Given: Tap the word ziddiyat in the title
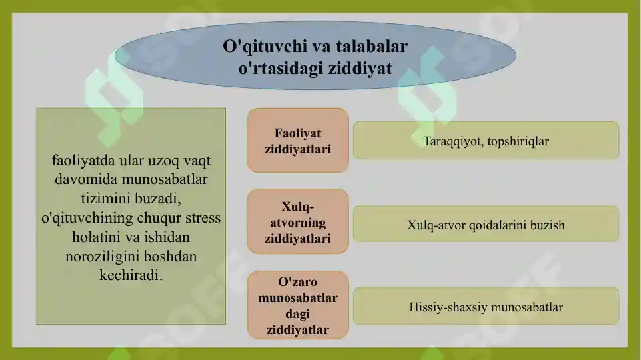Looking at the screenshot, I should point(360,68).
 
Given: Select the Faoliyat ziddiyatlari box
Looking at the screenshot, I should point(297,141).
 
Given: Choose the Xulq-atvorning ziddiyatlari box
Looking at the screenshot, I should point(297,222).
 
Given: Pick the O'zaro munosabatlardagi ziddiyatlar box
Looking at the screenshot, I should point(297,305).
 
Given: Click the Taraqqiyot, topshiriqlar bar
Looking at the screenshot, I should point(486,141).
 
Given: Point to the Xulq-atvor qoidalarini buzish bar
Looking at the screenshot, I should point(486,225).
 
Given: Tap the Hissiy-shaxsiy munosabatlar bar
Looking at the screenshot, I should point(486,307).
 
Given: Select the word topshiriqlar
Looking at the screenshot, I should point(518,141).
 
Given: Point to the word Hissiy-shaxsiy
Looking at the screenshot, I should point(446,307).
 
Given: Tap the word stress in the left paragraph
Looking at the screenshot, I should point(203,218).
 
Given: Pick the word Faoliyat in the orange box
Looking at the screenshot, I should point(297,133).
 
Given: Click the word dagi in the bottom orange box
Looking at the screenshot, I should point(297,313).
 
